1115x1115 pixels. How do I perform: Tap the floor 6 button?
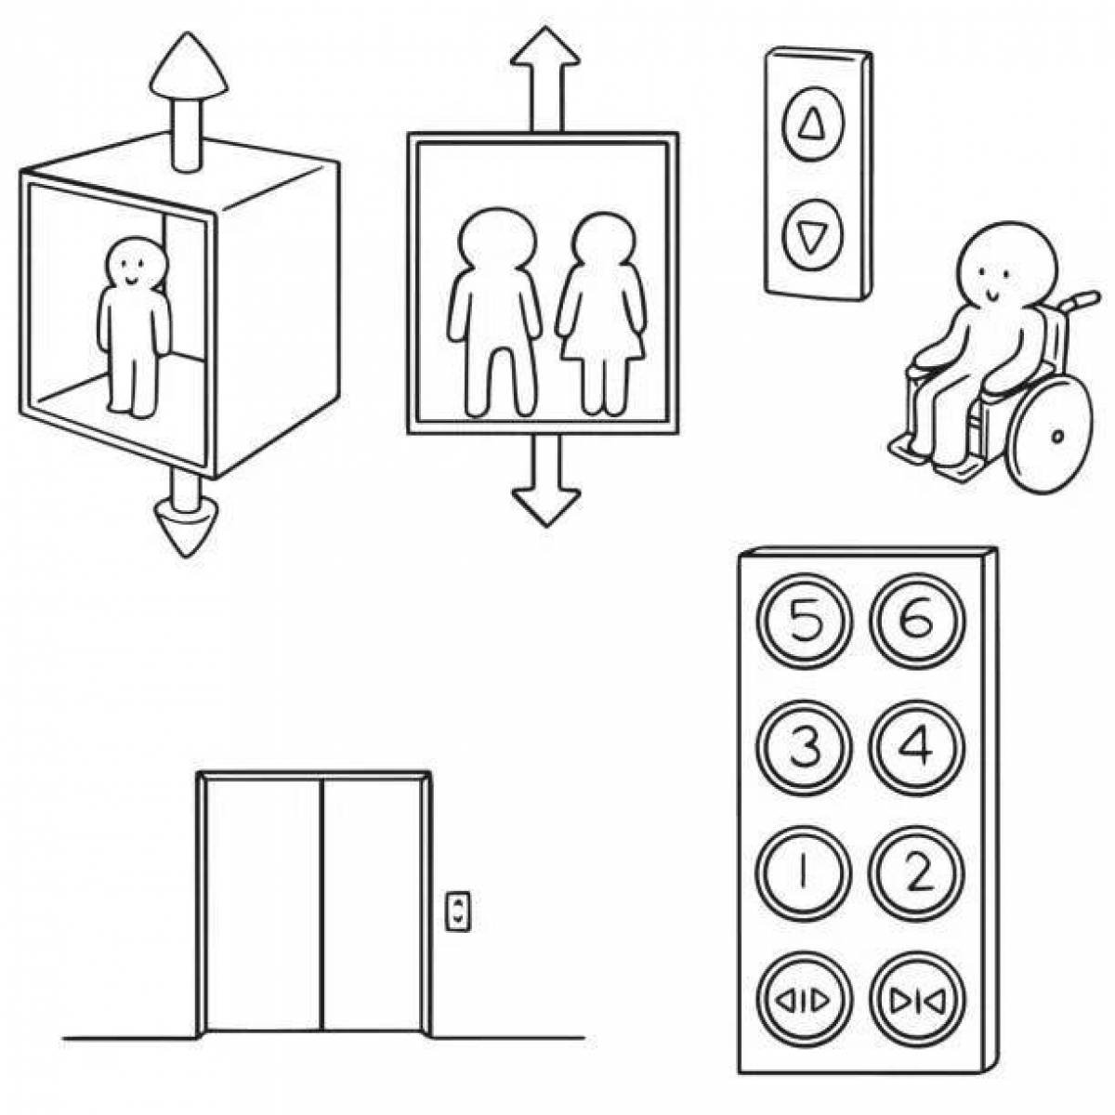point(917,622)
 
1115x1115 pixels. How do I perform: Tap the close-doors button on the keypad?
point(917,1002)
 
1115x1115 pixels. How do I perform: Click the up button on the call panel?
point(813,124)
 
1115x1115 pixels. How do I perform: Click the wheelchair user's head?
point(1006,269)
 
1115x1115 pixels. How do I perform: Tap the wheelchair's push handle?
point(1080,300)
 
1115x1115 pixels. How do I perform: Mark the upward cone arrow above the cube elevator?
point(189,102)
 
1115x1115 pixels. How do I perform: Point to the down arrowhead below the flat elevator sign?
point(546,507)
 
